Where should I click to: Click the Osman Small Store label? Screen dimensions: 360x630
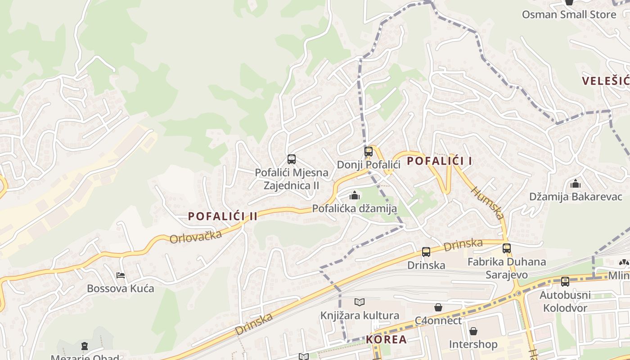pyautogui.click(x=569, y=14)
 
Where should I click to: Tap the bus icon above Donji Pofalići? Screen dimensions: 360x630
pyautogui.click(x=369, y=152)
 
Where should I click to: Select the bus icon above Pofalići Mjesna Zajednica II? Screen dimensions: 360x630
pyautogui.click(x=292, y=159)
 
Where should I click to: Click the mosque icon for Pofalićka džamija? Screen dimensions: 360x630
pyautogui.click(x=355, y=195)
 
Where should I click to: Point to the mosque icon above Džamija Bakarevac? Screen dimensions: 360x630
pyautogui.click(x=575, y=184)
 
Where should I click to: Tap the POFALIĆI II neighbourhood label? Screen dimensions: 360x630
pyautogui.click(x=223, y=216)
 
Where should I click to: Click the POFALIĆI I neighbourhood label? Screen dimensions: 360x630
pyautogui.click(x=439, y=161)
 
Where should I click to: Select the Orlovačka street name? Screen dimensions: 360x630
pyautogui.click(x=196, y=237)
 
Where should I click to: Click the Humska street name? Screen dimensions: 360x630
pyautogui.click(x=487, y=203)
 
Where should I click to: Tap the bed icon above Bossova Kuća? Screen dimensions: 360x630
pyautogui.click(x=120, y=275)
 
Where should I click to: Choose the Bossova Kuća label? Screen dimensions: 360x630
pyautogui.click(x=121, y=288)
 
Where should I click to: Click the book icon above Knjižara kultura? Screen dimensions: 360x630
pyautogui.click(x=359, y=302)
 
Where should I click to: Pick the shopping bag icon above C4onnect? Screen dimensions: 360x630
pyautogui.click(x=438, y=307)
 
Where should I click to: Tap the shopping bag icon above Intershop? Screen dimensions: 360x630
pyautogui.click(x=473, y=332)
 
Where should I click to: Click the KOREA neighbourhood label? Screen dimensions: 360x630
pyautogui.click(x=386, y=339)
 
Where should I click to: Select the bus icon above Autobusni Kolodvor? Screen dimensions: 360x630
pyautogui.click(x=565, y=282)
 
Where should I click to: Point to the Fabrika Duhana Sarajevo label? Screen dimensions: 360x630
pyautogui.click(x=507, y=268)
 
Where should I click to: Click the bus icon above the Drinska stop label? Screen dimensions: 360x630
pyautogui.click(x=426, y=252)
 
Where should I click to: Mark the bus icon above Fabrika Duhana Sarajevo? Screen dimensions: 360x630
pyautogui.click(x=507, y=248)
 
